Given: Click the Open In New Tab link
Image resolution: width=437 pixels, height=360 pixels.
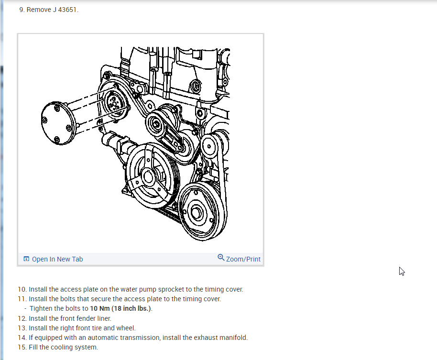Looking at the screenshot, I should click(57, 259).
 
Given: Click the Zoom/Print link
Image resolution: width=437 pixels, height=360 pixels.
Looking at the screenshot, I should click(243, 259).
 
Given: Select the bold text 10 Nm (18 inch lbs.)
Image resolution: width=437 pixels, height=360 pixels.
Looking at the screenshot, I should click(120, 308).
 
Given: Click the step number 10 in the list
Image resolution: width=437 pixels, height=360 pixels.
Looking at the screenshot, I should click(22, 289).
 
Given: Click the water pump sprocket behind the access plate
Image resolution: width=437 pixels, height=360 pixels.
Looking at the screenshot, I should click(115, 102).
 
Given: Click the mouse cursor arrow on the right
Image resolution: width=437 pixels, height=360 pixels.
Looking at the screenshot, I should click(402, 271).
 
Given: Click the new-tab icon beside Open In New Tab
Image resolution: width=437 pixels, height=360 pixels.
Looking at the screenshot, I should click(26, 259).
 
